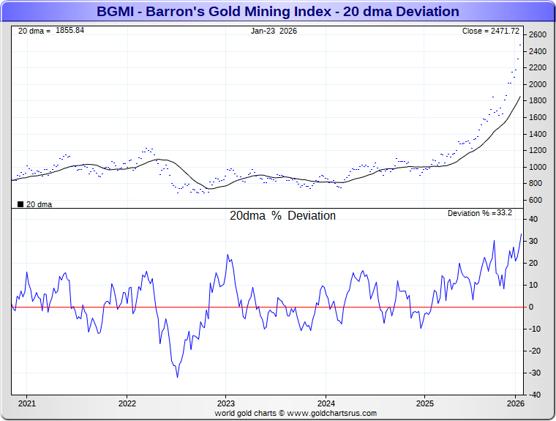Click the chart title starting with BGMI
click(x=278, y=12)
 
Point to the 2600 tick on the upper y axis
click(x=538, y=35)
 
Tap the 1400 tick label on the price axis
click(x=538, y=134)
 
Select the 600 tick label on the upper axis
click(x=536, y=200)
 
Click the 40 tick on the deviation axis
click(x=535, y=219)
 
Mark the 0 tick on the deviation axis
click(x=532, y=307)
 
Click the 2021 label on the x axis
click(x=27, y=403)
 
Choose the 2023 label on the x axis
click(x=225, y=403)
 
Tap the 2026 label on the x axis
click(x=516, y=403)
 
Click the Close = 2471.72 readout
click(x=491, y=31)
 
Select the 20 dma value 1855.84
click(x=69, y=31)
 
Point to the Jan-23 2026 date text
click(x=274, y=31)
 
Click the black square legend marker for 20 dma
click(x=20, y=204)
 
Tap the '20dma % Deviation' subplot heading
click(x=283, y=216)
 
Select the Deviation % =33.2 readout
click(x=479, y=213)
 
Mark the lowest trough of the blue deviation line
click(x=177, y=377)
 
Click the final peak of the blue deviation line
click(x=521, y=234)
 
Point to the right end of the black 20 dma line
click(x=520, y=97)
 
